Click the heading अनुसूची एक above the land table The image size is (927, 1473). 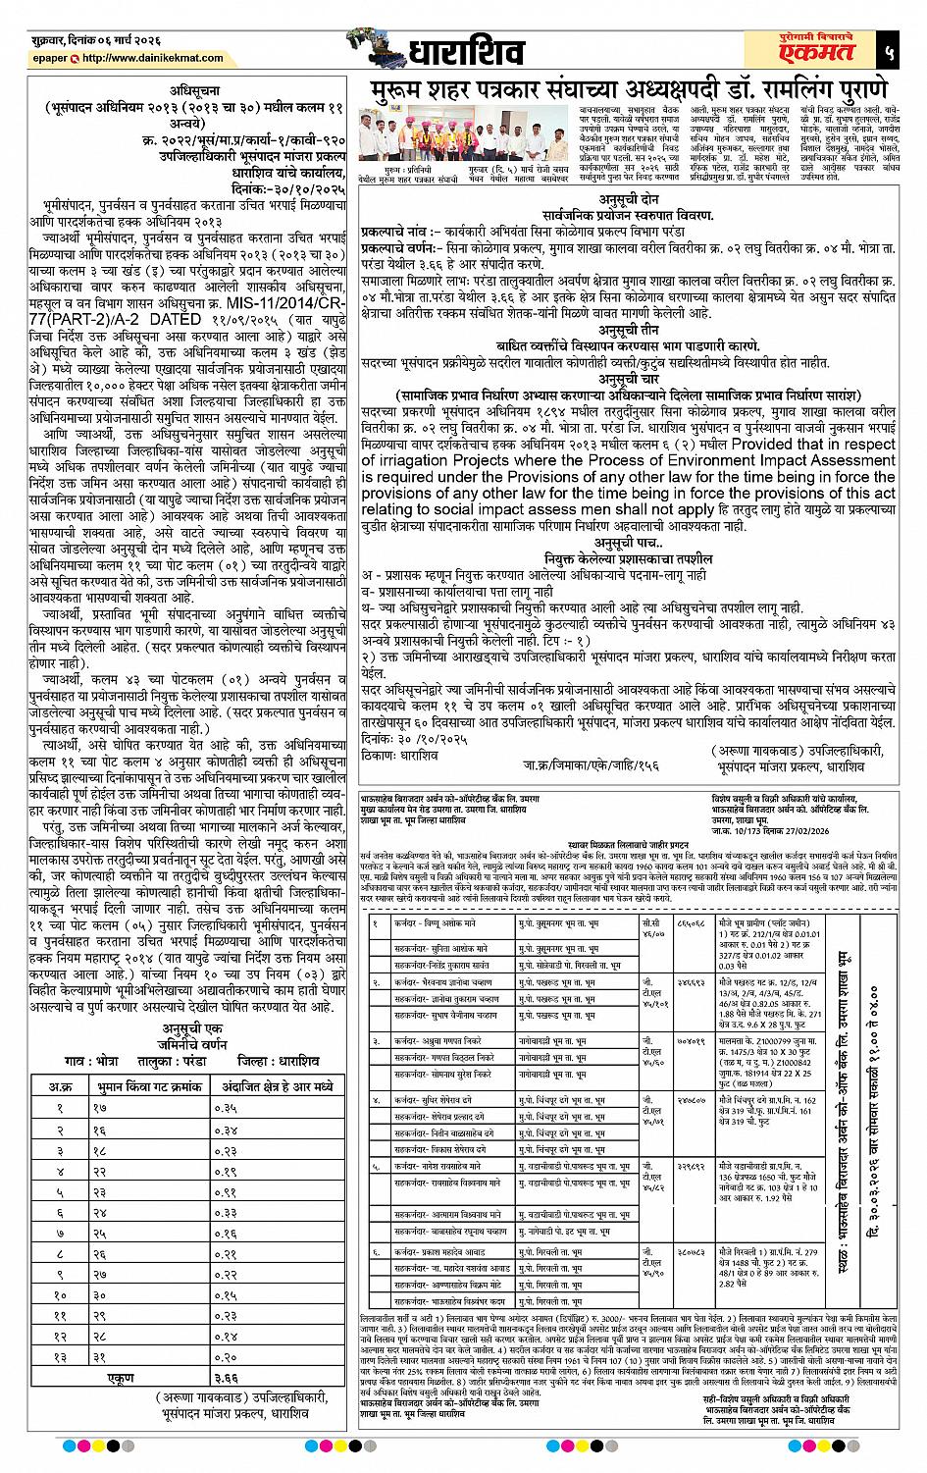tap(183, 1027)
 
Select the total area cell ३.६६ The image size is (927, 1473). tap(227, 1377)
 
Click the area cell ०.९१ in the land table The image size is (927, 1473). tap(227, 1192)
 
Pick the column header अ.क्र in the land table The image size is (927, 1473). tap(58, 1086)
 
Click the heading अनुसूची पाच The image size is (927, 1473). tap(628, 543)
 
